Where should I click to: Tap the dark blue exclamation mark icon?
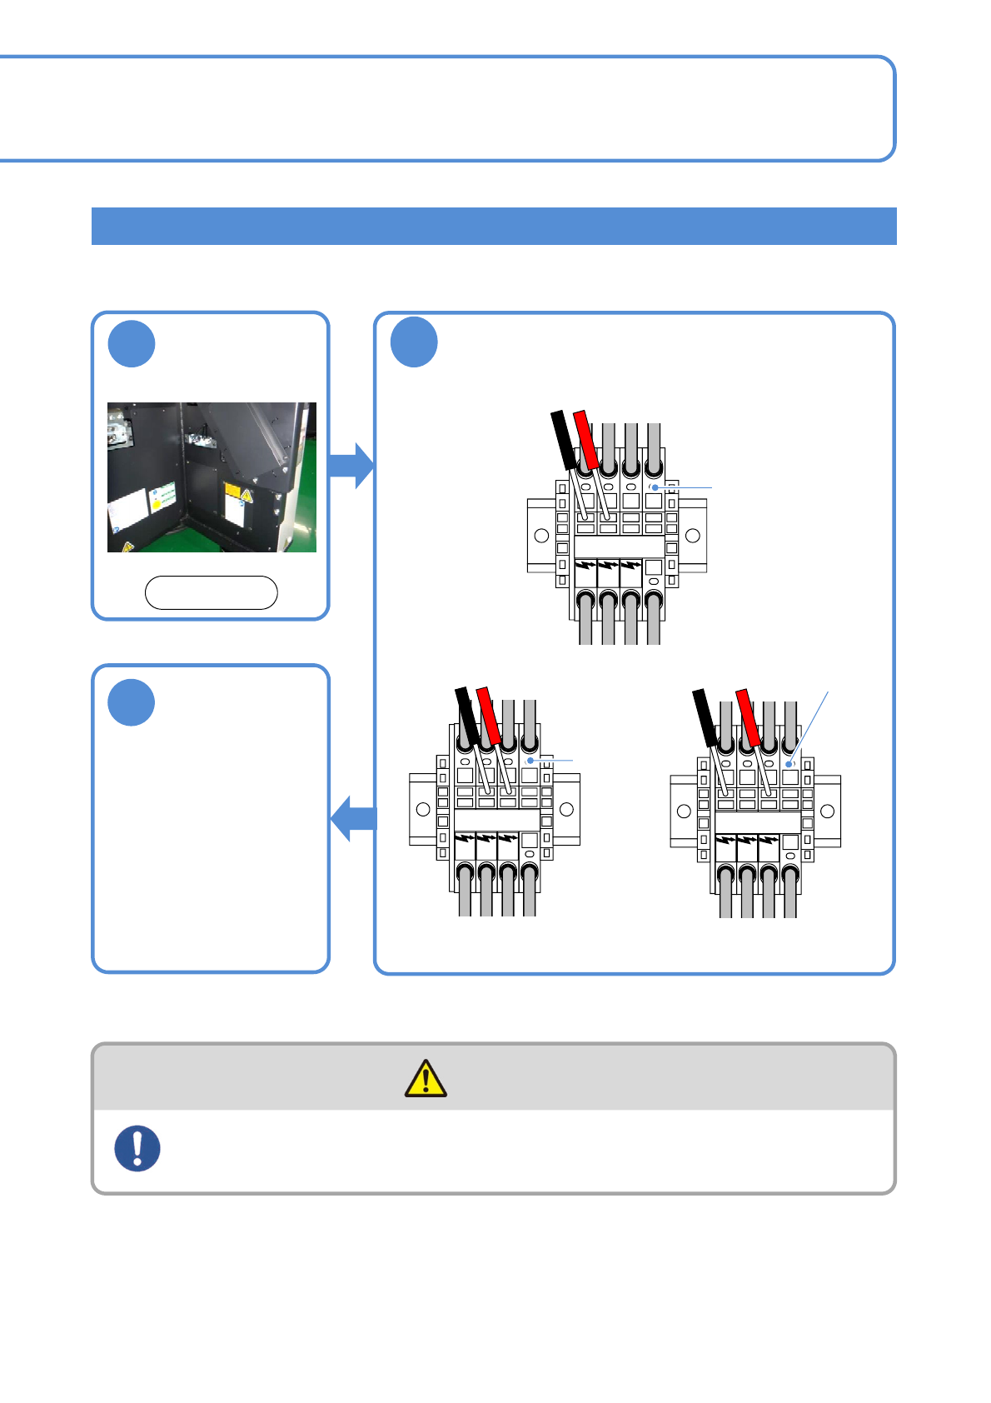[x=137, y=1148]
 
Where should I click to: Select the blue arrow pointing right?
[x=351, y=465]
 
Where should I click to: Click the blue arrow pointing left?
[x=354, y=818]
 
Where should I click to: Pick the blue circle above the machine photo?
[x=132, y=343]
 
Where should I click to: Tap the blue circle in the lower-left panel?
[x=132, y=702]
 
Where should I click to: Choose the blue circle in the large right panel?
[x=414, y=342]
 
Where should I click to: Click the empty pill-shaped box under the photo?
[x=211, y=592]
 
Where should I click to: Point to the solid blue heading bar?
[x=493, y=226]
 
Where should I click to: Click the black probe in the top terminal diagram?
[x=564, y=439]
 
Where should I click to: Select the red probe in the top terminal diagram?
[x=586, y=439]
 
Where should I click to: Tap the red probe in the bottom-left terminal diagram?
[x=488, y=715]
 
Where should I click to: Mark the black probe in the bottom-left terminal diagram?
[x=467, y=715]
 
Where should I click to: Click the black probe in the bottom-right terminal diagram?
[x=705, y=716]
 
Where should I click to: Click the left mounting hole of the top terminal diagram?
[x=541, y=535]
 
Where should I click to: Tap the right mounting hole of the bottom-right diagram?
[x=827, y=811]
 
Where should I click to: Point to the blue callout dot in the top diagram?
[x=655, y=487]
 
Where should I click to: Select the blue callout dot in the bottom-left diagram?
[x=530, y=761]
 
